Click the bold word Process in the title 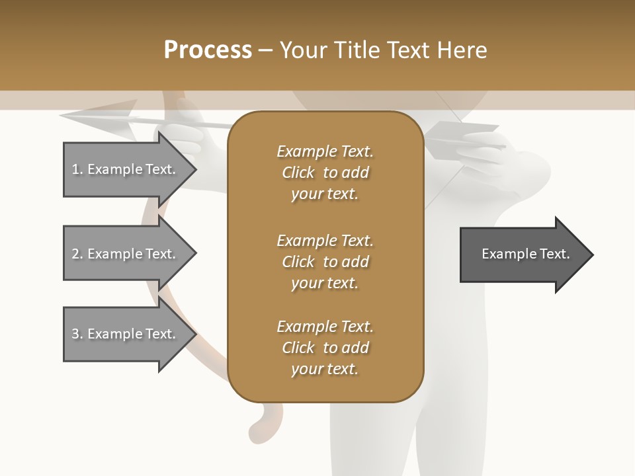[x=208, y=50]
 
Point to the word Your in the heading [x=304, y=50]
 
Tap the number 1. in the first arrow [x=77, y=169]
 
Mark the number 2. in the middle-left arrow [x=77, y=254]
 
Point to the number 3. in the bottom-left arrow [x=77, y=334]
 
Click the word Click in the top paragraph [x=298, y=173]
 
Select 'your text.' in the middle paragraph [x=325, y=283]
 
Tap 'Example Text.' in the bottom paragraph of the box [x=325, y=327]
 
